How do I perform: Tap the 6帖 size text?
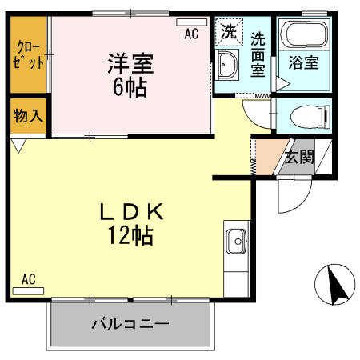click(130, 87)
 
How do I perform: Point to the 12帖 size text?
click(132, 235)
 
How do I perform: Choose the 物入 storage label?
click(28, 117)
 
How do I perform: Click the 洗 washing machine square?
click(228, 34)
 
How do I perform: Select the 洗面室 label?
click(258, 53)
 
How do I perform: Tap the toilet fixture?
click(308, 114)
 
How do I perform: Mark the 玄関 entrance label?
click(298, 156)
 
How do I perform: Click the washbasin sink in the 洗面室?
click(227, 68)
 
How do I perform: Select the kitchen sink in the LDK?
click(237, 240)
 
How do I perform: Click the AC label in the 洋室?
click(191, 34)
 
